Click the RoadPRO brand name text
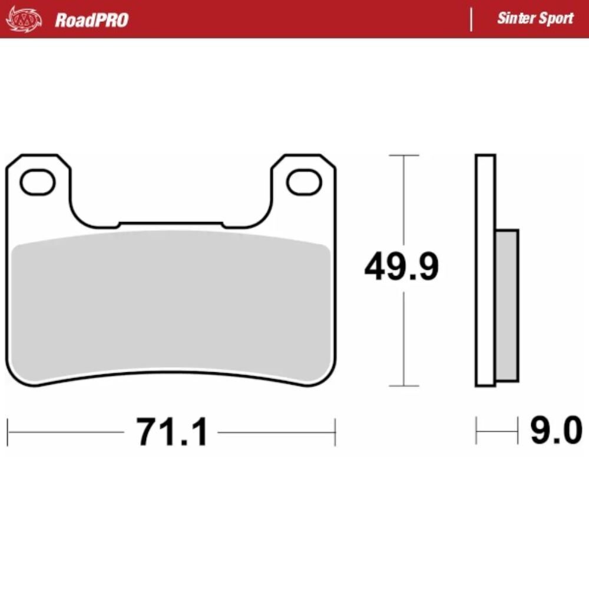point(91,20)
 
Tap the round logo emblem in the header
point(24,19)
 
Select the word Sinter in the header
point(515,18)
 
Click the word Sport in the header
point(555,18)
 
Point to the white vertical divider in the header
point(471,19)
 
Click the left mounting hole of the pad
point(38,183)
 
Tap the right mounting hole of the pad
point(304,183)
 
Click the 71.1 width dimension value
point(172,433)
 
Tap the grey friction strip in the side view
point(507,305)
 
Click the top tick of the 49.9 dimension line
point(403,155)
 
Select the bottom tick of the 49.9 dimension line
point(403,386)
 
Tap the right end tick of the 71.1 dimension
point(335,432)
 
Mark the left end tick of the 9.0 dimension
point(477,432)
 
